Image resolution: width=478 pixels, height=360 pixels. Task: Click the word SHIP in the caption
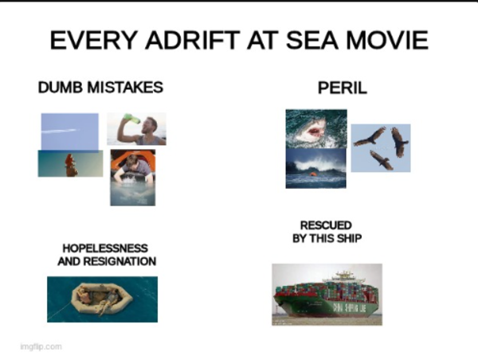(x=348, y=238)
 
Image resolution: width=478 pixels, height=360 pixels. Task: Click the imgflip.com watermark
(x=41, y=346)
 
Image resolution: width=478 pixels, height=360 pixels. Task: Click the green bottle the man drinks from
(x=129, y=119)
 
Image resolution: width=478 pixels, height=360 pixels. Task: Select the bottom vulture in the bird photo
(x=382, y=160)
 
